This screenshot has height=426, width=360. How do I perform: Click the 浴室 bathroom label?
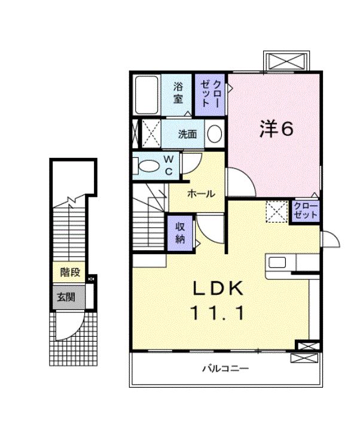pos(178,93)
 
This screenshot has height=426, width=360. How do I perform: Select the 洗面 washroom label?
pos(187,134)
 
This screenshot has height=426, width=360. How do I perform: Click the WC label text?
pos(169,165)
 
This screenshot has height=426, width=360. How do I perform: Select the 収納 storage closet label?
pos(179,232)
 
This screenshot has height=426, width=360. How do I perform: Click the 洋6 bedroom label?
pos(276,129)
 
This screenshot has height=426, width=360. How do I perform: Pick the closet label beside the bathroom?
pos(211,95)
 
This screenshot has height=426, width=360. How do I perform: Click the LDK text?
pos(218,290)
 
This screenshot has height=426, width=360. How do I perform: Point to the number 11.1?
pos(218,313)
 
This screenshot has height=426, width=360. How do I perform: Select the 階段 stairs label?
pos(71,273)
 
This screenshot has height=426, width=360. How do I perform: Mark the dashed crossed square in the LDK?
pos(276,211)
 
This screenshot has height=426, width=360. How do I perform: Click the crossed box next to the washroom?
pos(149,133)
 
